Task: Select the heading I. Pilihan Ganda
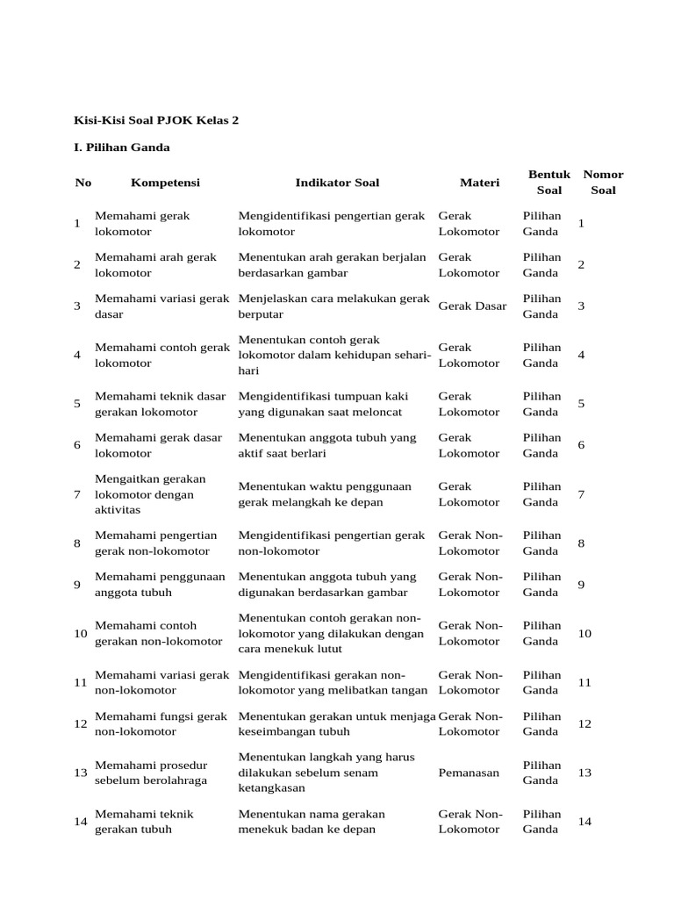coord(123,147)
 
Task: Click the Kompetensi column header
coord(165,183)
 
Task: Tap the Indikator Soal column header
coord(337,183)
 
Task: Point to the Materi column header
coord(479,183)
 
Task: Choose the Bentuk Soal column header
coord(549,182)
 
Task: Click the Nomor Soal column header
coord(603,182)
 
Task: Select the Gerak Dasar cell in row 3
coord(472,306)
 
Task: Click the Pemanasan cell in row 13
coord(469,773)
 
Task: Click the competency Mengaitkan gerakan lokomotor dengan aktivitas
coord(151,494)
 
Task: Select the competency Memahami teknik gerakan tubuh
coord(144,822)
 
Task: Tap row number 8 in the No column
coord(79,543)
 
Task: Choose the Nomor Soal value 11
coord(584,682)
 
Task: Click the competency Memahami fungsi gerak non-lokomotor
coord(161,723)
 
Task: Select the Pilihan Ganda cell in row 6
coord(541,445)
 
